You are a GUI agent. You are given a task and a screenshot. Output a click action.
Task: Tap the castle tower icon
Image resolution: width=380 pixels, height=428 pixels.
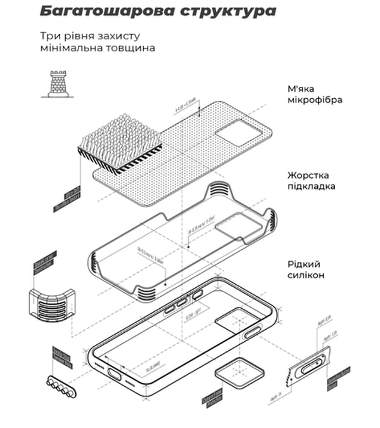[x=58, y=84]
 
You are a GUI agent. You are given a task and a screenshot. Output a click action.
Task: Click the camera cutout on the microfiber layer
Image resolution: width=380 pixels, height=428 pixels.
[x=239, y=134]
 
